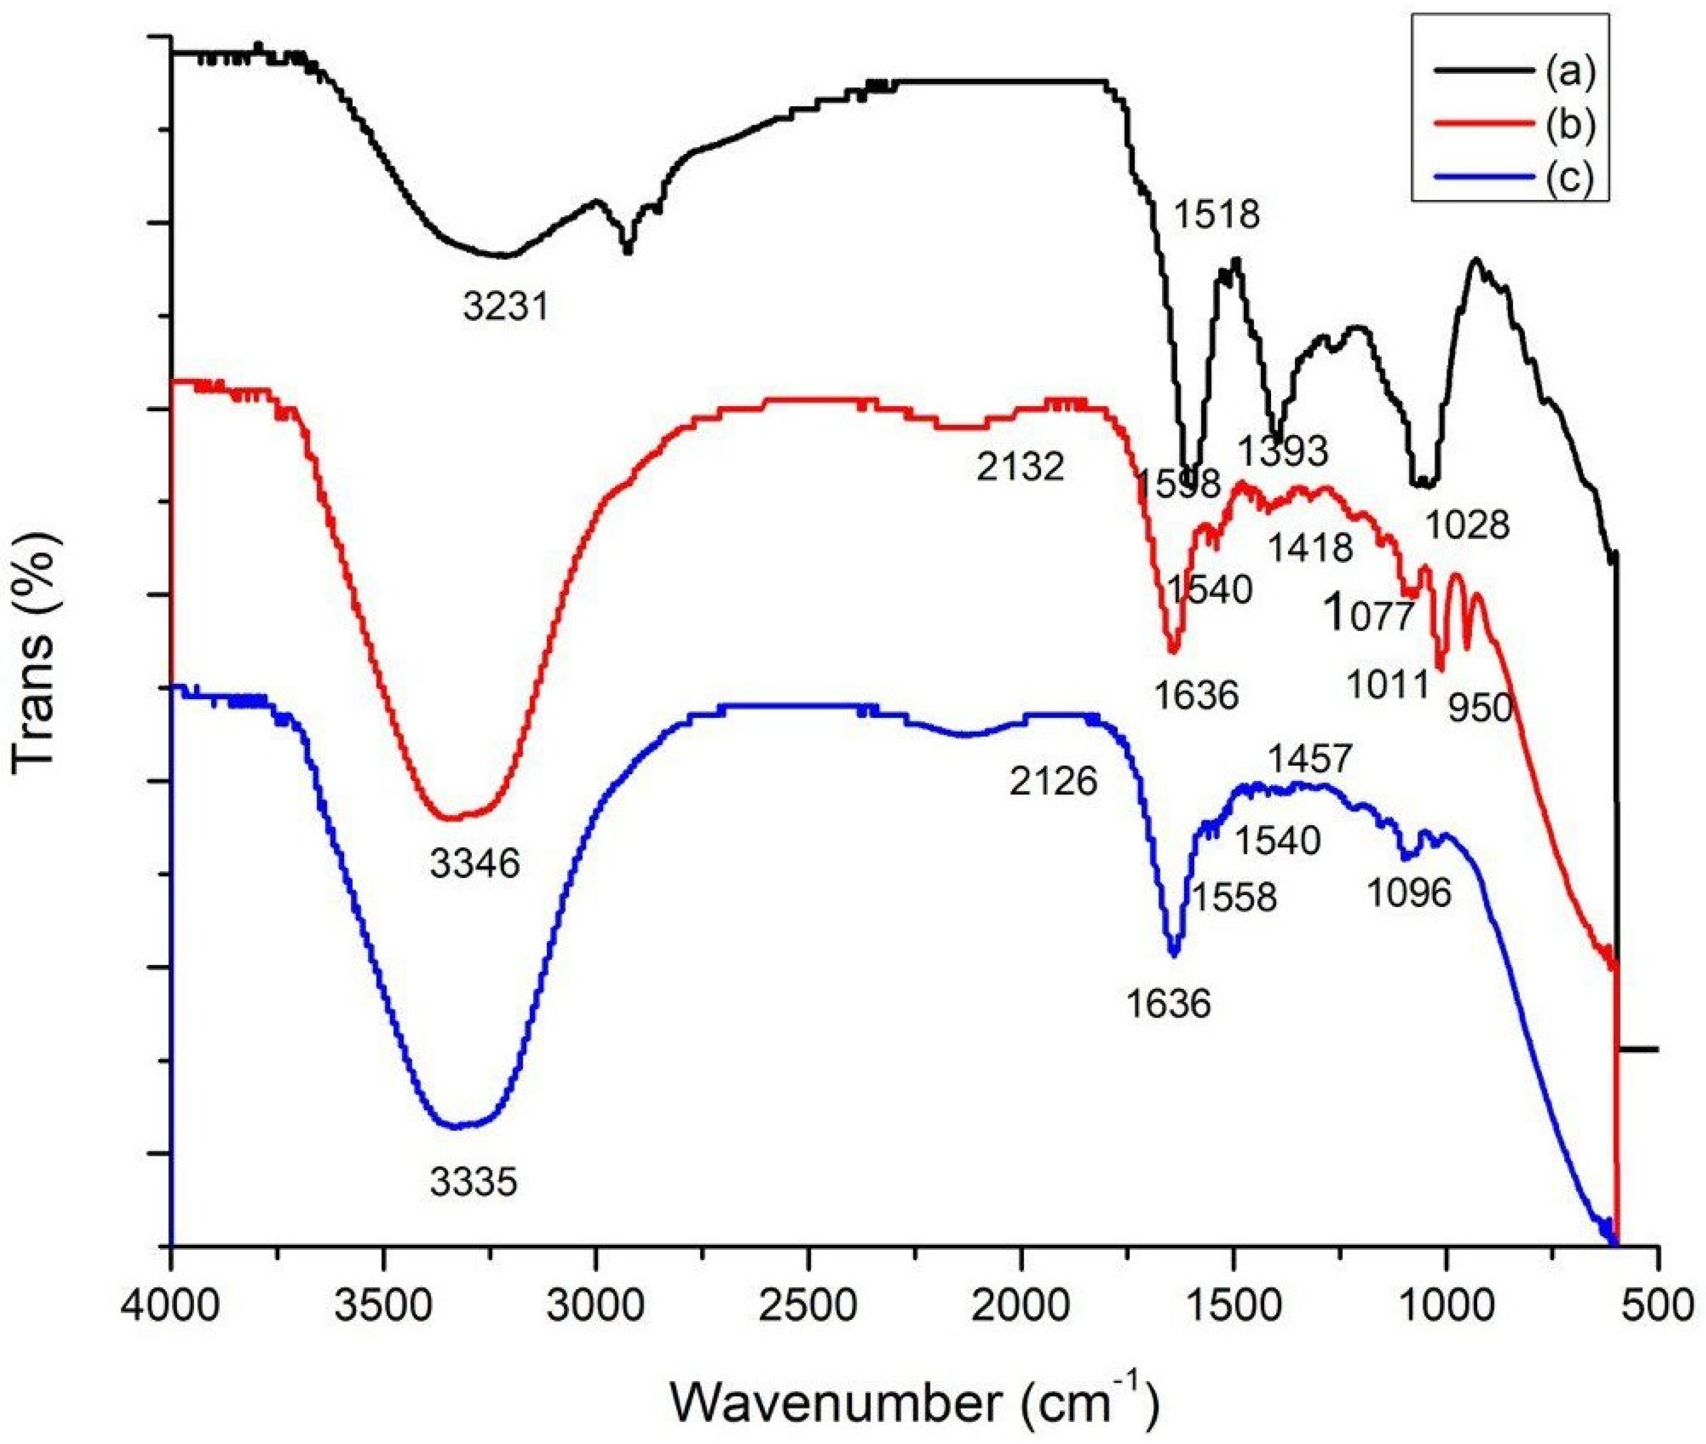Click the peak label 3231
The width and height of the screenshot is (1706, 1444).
pos(504,308)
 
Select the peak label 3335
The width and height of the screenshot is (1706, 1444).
pos(473,1182)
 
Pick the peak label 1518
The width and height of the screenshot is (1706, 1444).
pos(1217,215)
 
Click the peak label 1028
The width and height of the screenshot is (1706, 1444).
pos(1467,525)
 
